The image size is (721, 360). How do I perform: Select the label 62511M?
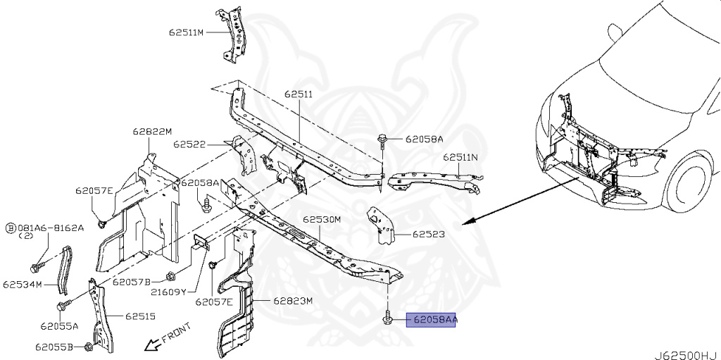185,32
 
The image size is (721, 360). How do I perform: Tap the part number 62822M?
152,131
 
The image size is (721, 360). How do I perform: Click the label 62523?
428,234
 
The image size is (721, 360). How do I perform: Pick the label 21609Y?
168,292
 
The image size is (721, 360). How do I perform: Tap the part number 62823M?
293,301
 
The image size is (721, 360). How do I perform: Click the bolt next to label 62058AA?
387,320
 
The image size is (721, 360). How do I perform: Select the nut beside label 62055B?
87,346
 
